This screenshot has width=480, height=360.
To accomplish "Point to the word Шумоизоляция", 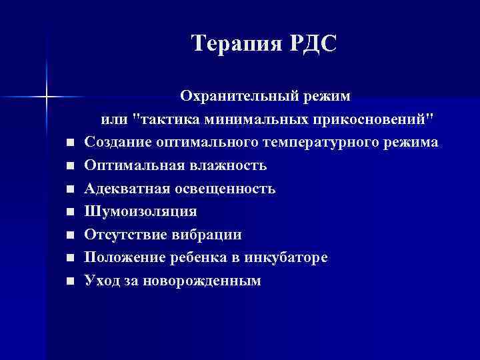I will point(141,212).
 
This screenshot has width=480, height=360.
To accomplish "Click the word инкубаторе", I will point(286,258).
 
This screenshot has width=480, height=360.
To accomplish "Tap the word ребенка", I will point(197,258).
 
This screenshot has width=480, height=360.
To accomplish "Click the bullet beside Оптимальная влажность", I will point(70,167).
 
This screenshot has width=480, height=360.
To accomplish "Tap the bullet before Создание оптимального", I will point(70,143).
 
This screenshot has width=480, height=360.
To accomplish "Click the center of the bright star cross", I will point(46,97).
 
